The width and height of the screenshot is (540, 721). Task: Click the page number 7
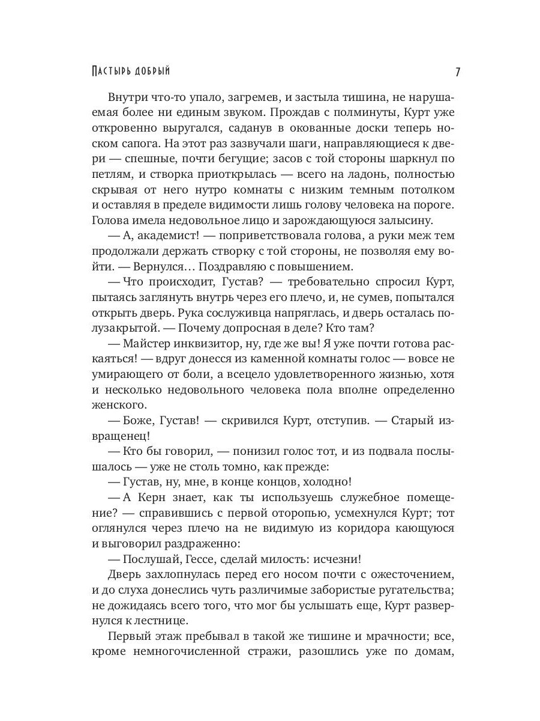[457, 71]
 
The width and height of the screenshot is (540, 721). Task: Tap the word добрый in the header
[149, 71]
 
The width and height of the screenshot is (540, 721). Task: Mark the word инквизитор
[205, 344]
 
